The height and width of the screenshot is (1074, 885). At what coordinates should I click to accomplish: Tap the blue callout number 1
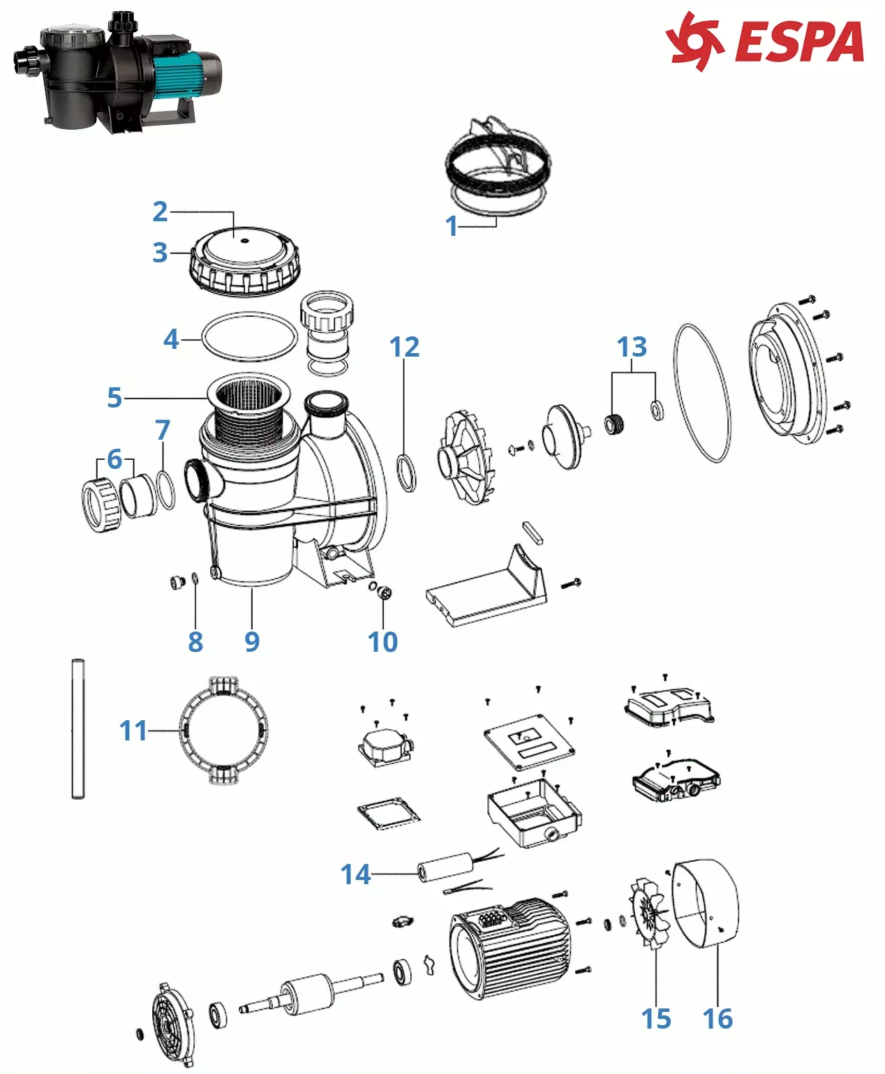pos(452,225)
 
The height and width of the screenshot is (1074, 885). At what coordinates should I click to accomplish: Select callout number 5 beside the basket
pos(114,398)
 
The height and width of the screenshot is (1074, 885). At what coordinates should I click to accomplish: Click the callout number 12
pos(405,347)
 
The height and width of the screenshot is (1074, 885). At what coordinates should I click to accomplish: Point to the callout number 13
pos(632,347)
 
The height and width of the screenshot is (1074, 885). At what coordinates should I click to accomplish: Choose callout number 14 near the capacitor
pos(355,874)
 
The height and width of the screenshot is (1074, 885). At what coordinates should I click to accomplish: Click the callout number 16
pos(717,1018)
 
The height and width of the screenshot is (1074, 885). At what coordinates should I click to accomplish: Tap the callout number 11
pos(133,731)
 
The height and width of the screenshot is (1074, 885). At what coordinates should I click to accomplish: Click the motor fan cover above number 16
pos(705,904)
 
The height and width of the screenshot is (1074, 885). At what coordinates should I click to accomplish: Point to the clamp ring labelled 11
pos(223,731)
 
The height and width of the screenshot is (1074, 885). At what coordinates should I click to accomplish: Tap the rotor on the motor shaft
pos(308,992)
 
